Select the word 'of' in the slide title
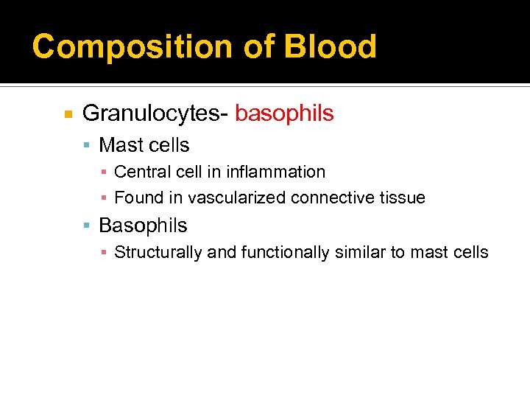(258, 46)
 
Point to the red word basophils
(284, 114)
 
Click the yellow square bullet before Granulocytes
(68, 115)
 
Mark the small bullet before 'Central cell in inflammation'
(105, 172)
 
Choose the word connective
(328, 198)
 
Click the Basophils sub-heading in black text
(143, 226)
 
